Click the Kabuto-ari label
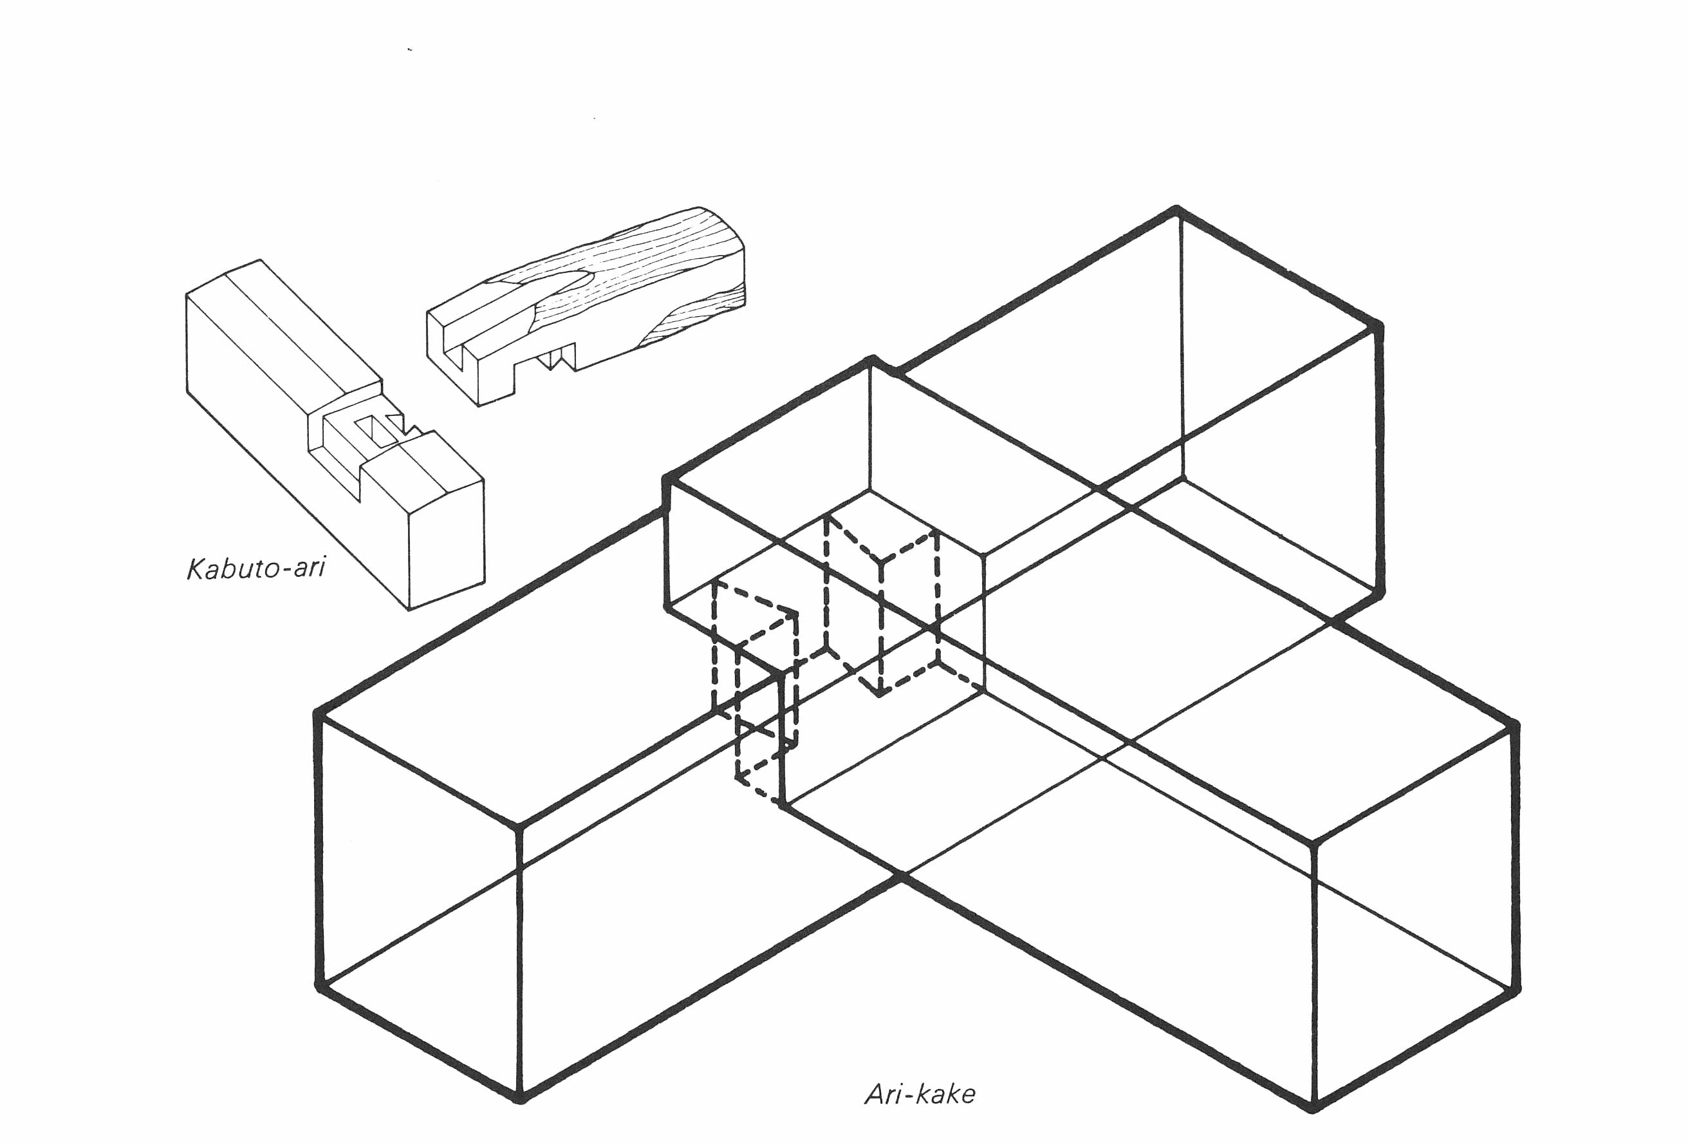coord(255,567)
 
